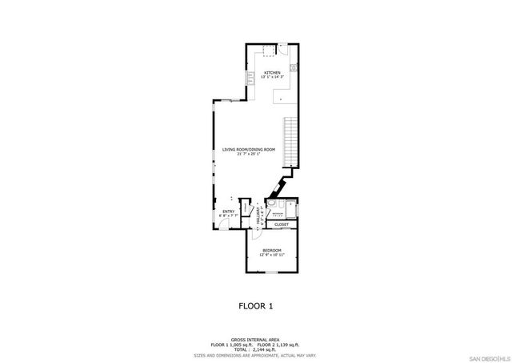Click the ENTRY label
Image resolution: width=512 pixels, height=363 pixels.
click(228, 212)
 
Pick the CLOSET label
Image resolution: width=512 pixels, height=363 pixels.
click(281, 225)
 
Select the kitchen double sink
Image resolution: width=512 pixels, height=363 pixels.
click(250, 77)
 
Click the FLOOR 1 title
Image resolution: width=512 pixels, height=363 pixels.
click(256, 305)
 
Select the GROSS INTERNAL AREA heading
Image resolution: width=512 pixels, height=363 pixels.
click(256, 340)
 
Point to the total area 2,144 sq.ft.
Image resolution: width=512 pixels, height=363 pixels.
click(256, 349)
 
